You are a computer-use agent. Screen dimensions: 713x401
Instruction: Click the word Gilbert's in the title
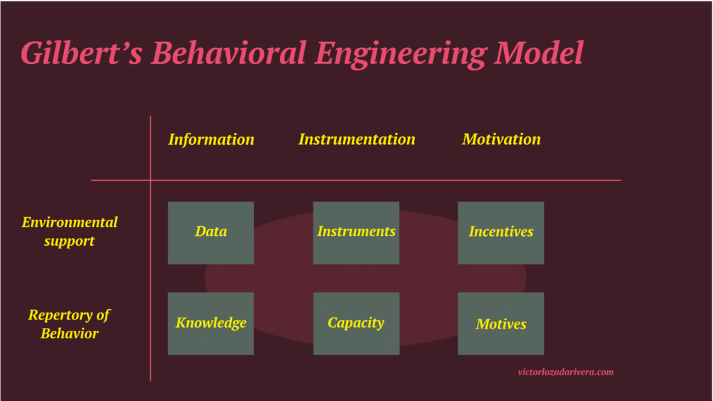pyautogui.click(x=81, y=53)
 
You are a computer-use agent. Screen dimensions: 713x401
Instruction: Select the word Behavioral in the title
pyautogui.click(x=228, y=53)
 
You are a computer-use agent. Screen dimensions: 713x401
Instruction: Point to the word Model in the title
pyautogui.click(x=540, y=53)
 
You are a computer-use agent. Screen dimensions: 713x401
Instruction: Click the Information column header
pyautogui.click(x=212, y=139)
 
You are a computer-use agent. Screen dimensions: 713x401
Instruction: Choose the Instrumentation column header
pyautogui.click(x=357, y=139)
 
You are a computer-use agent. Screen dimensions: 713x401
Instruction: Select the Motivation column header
pyautogui.click(x=501, y=139)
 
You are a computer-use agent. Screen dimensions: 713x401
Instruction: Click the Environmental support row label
pyautogui.click(x=70, y=231)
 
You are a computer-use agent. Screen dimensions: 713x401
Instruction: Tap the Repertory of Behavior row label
pyautogui.click(x=69, y=324)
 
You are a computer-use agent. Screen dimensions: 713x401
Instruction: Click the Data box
pyautogui.click(x=211, y=233)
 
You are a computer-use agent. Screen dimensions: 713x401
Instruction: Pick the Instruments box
pyautogui.click(x=356, y=233)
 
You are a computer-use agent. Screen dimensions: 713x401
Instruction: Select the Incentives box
pyautogui.click(x=501, y=233)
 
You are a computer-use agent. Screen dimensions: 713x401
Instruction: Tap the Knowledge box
pyautogui.click(x=211, y=324)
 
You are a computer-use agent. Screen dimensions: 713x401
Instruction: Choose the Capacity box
pyautogui.click(x=356, y=324)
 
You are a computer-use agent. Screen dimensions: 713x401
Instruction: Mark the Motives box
pyautogui.click(x=501, y=324)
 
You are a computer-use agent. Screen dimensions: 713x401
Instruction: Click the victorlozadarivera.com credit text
pyautogui.click(x=565, y=372)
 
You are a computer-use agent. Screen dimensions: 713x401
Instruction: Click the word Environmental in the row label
pyautogui.click(x=70, y=222)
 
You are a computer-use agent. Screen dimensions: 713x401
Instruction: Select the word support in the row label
pyautogui.click(x=69, y=241)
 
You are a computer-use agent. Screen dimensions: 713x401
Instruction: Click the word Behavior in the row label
pyautogui.click(x=69, y=333)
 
